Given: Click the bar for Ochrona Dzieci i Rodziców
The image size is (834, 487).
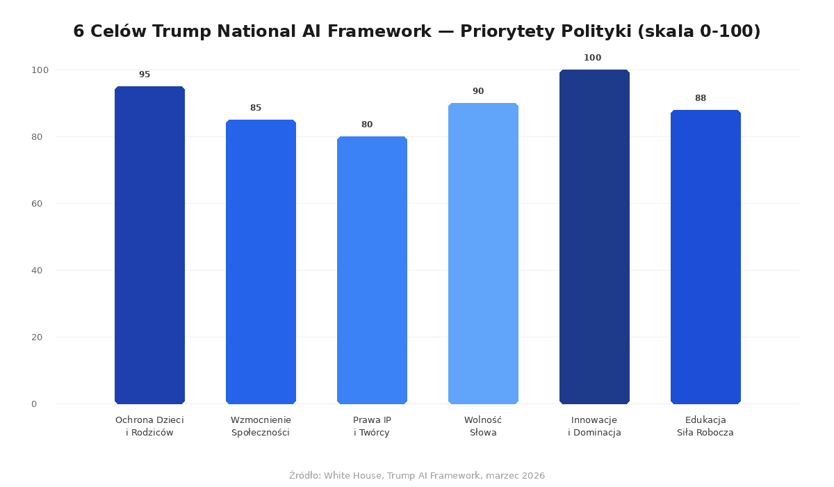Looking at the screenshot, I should click(149, 245).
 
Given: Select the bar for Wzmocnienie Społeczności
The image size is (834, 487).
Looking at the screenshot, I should click(261, 262).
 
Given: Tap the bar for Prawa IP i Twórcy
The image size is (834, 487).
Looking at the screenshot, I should click(372, 270).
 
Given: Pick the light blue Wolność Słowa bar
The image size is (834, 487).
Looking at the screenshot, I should click(483, 253).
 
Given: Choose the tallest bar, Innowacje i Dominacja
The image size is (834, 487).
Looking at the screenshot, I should click(594, 237).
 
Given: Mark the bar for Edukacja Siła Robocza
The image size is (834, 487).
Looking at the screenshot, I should click(705, 257).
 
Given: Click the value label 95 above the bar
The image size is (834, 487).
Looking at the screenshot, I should click(145, 74).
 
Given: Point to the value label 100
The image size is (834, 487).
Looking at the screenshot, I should click(592, 58).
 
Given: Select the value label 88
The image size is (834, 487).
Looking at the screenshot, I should click(701, 98).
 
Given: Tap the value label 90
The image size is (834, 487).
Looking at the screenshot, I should click(478, 91).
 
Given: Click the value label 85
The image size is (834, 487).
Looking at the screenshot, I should click(256, 108).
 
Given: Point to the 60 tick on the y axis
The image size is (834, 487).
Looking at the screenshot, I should click(37, 204).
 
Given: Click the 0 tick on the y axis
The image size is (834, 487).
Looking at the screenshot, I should click(33, 404).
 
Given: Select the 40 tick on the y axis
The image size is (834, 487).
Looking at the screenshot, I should click(37, 271).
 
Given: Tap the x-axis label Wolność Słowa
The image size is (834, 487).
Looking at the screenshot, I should click(483, 426).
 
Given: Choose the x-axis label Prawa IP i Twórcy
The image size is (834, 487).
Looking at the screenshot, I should click(372, 426).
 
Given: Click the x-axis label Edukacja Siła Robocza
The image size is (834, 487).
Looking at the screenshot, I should click(705, 426).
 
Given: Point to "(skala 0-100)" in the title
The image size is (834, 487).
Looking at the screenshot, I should click(698, 32).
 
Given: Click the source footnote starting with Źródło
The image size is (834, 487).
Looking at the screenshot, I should click(417, 476).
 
